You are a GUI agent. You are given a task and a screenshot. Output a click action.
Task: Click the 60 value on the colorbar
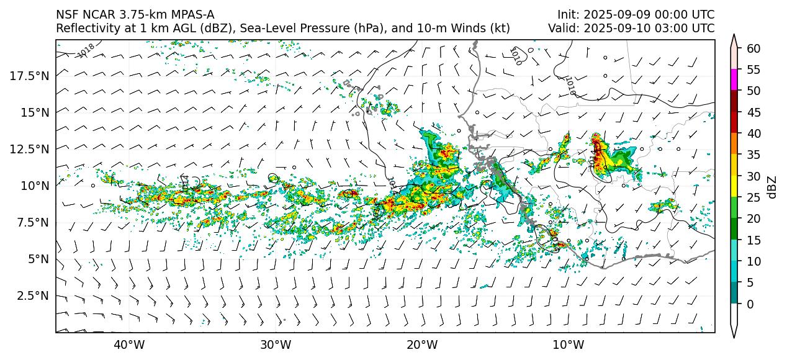coord(753,48)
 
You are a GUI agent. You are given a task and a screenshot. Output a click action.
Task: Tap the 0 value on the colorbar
coord(750,304)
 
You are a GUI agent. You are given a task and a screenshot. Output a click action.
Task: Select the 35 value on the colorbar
coord(753,155)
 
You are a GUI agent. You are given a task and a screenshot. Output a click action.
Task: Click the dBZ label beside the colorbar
coord(772,186)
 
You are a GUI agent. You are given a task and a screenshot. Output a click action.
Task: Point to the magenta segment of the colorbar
coord(734,80)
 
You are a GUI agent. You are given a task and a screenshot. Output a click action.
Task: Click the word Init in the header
coord(567,14)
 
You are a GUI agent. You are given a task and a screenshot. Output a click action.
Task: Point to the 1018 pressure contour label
coord(87,50)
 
